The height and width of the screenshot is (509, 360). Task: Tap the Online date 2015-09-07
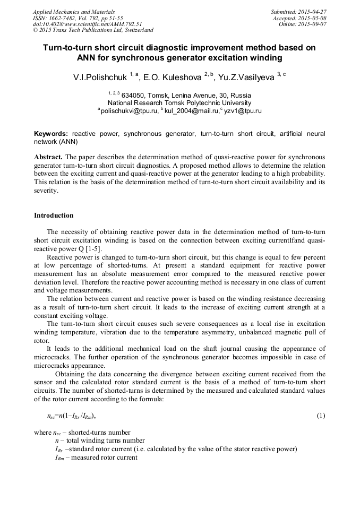[x=313, y=24]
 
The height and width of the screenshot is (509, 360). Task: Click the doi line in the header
[x=88, y=24]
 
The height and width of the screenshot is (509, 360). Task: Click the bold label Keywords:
[x=51, y=134]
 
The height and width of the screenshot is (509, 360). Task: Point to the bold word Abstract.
[x=48, y=158]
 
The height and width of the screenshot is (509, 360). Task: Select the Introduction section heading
[x=54, y=215]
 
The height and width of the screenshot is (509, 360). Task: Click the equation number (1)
[x=321, y=416]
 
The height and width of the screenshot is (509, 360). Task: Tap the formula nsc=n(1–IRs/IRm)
[x=72, y=416]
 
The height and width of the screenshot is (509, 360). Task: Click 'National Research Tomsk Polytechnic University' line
[x=179, y=103]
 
